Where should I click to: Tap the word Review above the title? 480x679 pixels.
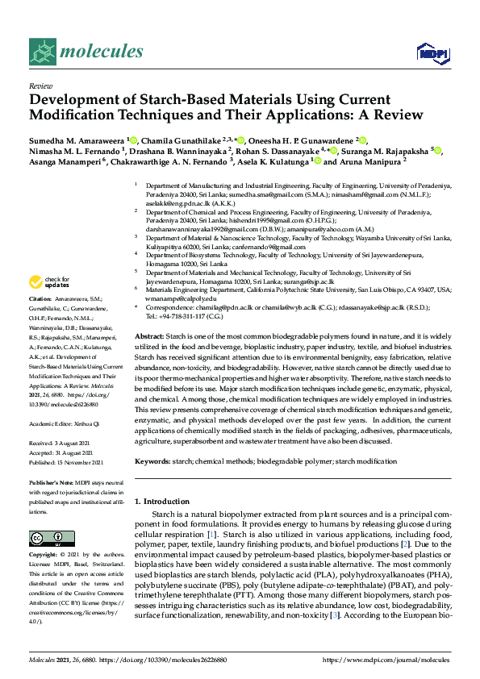(x=41, y=85)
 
